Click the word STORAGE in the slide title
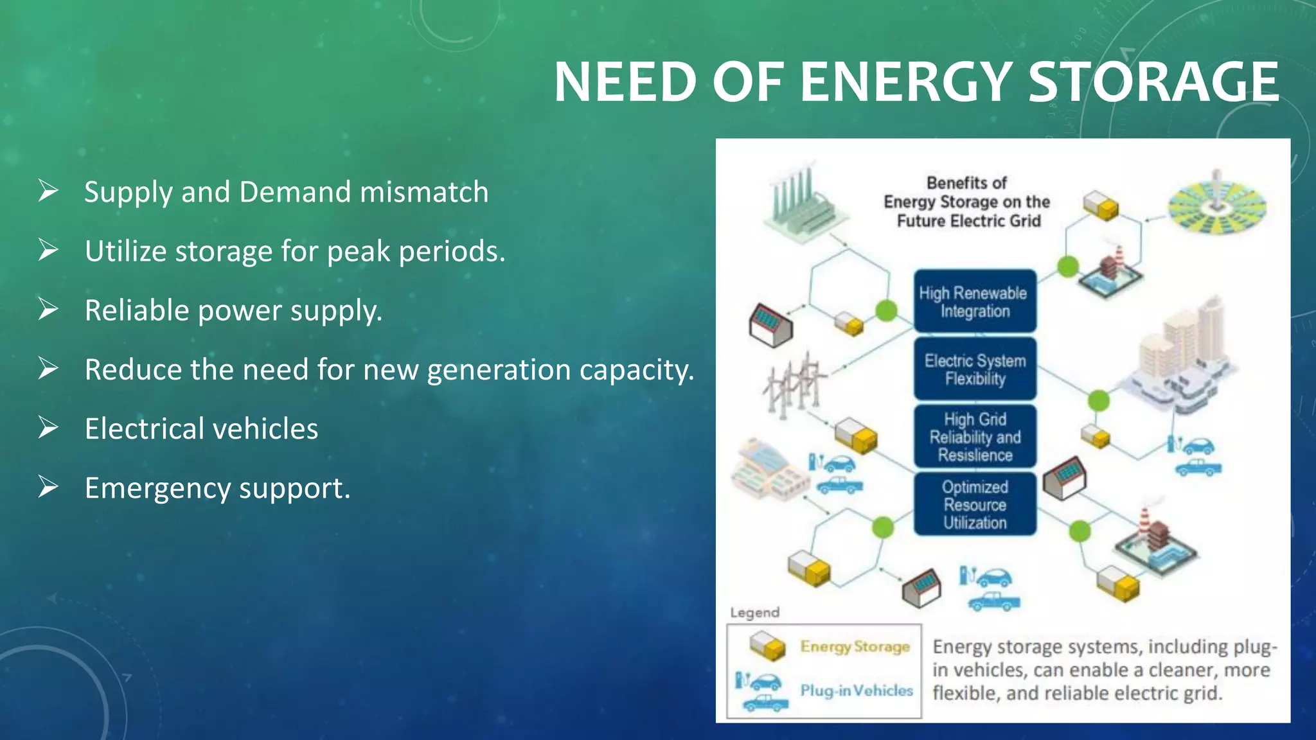click(x=1153, y=82)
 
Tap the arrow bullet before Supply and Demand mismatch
click(x=48, y=191)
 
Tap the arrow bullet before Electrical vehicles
click(x=48, y=428)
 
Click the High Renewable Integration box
click(x=974, y=301)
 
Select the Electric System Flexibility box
click(x=974, y=369)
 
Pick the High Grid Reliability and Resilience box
click(x=974, y=436)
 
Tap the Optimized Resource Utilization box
click(x=974, y=504)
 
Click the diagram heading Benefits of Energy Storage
click(x=966, y=202)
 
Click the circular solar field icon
click(x=1216, y=203)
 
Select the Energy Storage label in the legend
click(x=855, y=647)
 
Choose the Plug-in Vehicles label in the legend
click(x=856, y=691)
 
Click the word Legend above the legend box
click(x=754, y=612)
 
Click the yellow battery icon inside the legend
click(x=767, y=645)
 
